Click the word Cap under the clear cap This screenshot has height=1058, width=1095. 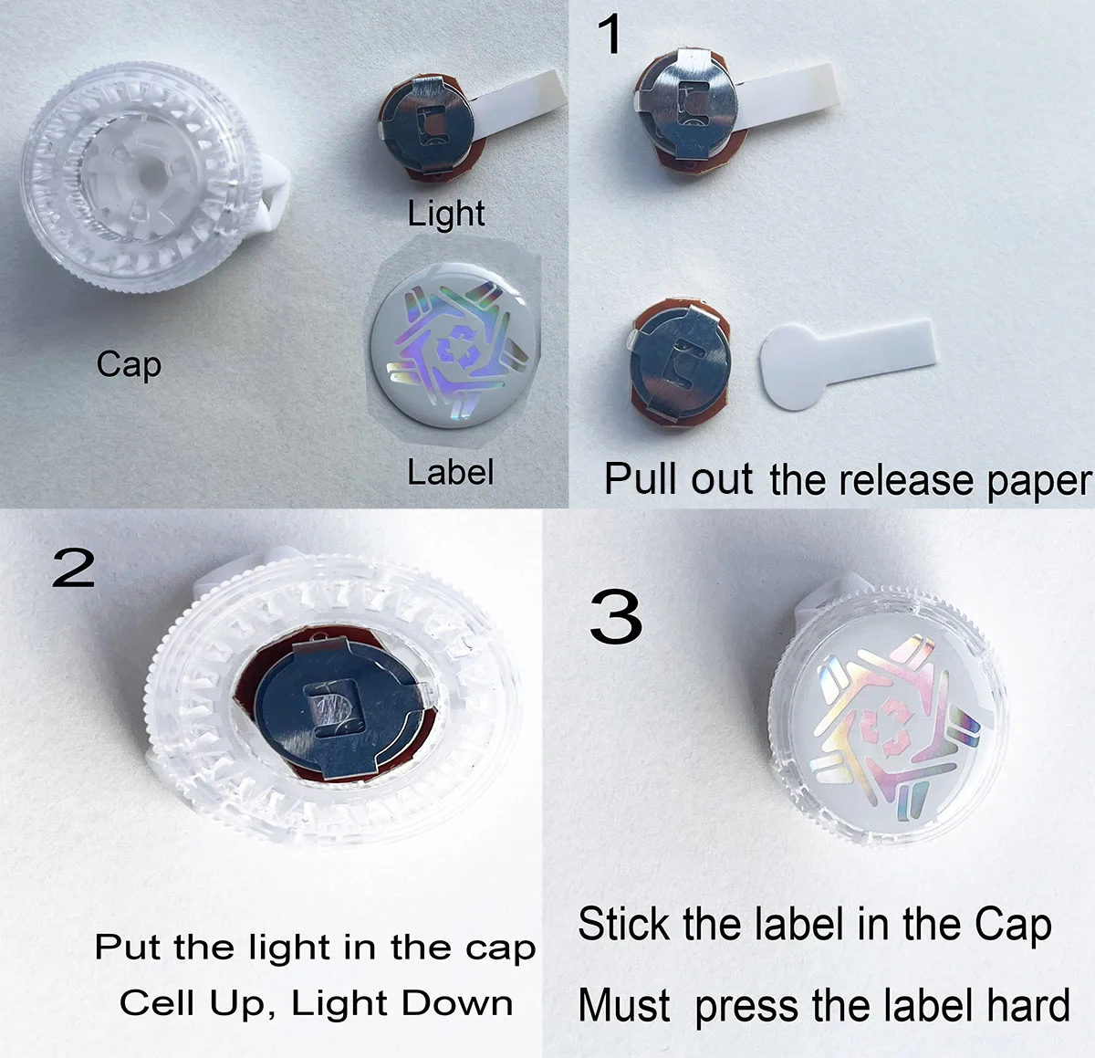pyautogui.click(x=129, y=364)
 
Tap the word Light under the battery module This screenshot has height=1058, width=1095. pyautogui.click(x=446, y=214)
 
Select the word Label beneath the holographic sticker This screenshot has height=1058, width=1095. pyautogui.click(x=450, y=472)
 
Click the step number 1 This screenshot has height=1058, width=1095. pyautogui.click(x=610, y=35)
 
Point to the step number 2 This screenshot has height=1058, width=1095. pyautogui.click(x=73, y=569)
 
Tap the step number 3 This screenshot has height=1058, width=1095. pyautogui.click(x=616, y=617)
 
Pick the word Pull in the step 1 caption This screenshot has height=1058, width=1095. pyautogui.click(x=641, y=479)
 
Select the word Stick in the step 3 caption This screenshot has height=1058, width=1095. pyautogui.click(x=624, y=925)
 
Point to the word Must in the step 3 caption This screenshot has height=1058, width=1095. pyautogui.click(x=624, y=1006)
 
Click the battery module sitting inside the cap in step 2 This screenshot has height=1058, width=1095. pyautogui.click(x=337, y=711)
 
